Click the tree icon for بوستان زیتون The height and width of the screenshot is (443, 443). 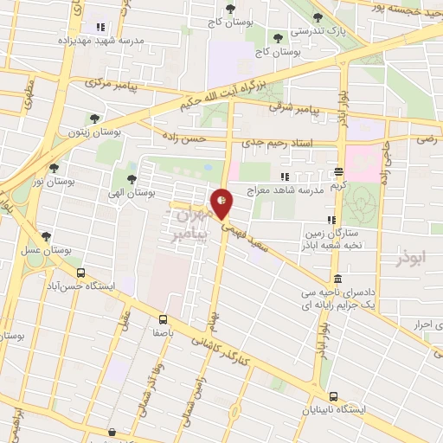tap(93, 119)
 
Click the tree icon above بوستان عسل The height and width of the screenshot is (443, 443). tap(46, 236)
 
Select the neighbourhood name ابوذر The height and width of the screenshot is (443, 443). tap(414, 260)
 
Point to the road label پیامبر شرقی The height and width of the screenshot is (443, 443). tap(295, 106)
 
